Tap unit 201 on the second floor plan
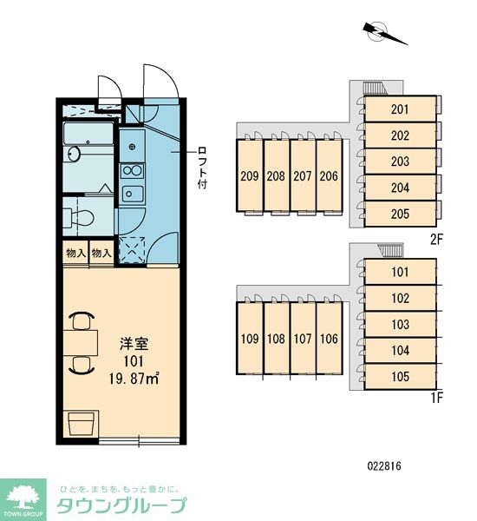pyautogui.click(x=400, y=109)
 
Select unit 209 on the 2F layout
pyautogui.click(x=250, y=175)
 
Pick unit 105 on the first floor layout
pyautogui.click(x=400, y=377)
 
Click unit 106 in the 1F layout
pyautogui.click(x=329, y=339)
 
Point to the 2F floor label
pyautogui.click(x=437, y=239)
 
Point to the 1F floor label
pyautogui.click(x=437, y=398)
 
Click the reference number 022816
pyautogui.click(x=384, y=465)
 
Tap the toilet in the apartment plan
pyautogui.click(x=79, y=218)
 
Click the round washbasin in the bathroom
pyautogui.click(x=74, y=154)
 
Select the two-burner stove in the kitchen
pyautogui.click(x=132, y=171)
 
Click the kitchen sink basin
pyautogui.click(x=133, y=194)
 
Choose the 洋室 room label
pyautogui.click(x=134, y=344)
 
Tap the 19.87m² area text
pyautogui.click(x=134, y=378)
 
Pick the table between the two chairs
pyautogui.click(x=81, y=343)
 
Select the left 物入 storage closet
pyautogui.click(x=76, y=254)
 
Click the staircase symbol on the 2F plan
pyautogui.click(x=374, y=89)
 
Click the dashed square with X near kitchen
pyautogui.click(x=132, y=250)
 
